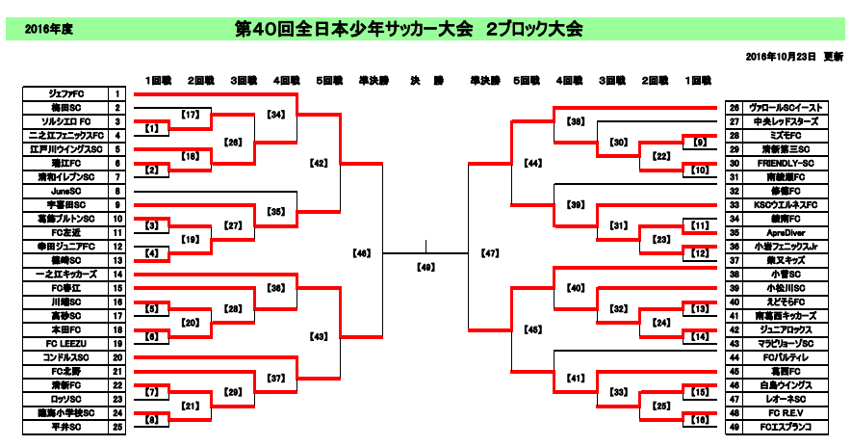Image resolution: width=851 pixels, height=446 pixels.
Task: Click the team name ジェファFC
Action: pos(65,94)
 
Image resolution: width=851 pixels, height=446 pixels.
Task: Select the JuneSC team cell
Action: pos(65,191)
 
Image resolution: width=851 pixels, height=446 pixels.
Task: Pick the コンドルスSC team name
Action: pos(65,357)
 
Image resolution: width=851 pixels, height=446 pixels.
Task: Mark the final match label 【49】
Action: pos(425,267)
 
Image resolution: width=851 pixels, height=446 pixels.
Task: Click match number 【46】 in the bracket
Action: pos(362,254)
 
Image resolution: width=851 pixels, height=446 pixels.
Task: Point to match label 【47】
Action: pos(489,254)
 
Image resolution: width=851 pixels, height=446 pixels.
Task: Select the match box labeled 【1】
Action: pos(151,128)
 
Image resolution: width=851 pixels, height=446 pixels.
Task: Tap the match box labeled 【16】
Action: pos(698,420)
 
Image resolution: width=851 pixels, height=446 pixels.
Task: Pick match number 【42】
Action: pos(320,163)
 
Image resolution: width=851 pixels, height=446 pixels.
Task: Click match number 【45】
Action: pos(532,329)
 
